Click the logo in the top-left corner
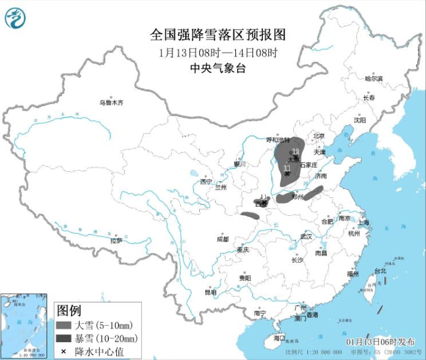coord(16,18)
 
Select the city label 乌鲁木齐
coord(111,103)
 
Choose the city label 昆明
coord(211,292)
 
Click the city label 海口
coord(279,338)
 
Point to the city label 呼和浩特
coord(280,139)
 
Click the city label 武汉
coord(306,236)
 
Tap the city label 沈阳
coord(359,120)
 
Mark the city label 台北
coord(380,271)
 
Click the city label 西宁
coord(206,182)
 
